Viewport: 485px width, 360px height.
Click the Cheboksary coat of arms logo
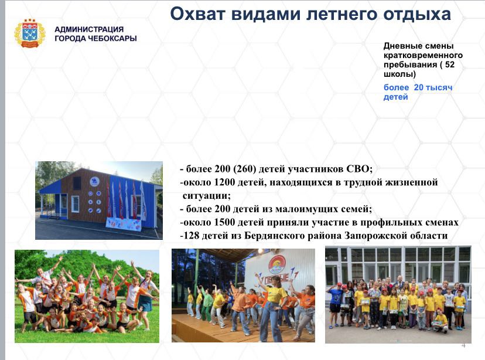30,33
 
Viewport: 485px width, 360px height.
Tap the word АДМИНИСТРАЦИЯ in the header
89,29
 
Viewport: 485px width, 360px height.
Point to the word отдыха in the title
416,15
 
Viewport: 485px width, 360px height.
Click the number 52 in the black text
450,64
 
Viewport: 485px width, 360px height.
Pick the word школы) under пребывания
399,74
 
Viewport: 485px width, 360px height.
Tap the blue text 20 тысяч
433,87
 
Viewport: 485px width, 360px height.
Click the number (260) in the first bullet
245,169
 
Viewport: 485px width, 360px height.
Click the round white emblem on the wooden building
94,181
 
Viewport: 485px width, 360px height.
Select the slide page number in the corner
463,345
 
